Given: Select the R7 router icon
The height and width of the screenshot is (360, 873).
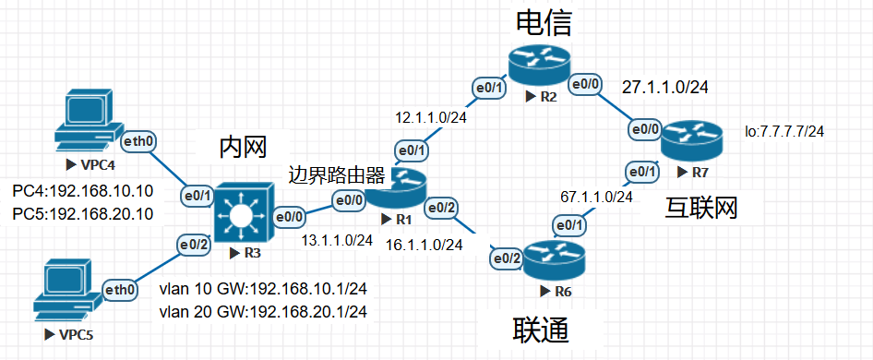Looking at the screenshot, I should (692, 139).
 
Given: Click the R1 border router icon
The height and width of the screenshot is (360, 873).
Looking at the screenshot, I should (407, 187).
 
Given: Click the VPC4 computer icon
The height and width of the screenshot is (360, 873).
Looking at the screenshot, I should (88, 122).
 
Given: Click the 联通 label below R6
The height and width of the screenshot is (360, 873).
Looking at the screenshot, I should (540, 330).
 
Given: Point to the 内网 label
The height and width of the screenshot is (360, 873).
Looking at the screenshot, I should (244, 147).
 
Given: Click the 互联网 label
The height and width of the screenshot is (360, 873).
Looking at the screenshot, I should (702, 209).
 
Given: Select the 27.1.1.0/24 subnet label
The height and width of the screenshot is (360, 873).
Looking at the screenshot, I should (665, 88).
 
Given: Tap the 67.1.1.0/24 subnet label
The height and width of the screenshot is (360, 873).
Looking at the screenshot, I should (597, 197).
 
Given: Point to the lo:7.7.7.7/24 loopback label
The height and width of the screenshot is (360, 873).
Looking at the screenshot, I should (785, 132).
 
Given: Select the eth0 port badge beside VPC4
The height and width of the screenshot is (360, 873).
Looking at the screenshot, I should (140, 141).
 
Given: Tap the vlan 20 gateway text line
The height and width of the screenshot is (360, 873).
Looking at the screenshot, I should (264, 311).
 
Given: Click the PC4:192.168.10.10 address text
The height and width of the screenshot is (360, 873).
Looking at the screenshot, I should (82, 193).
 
